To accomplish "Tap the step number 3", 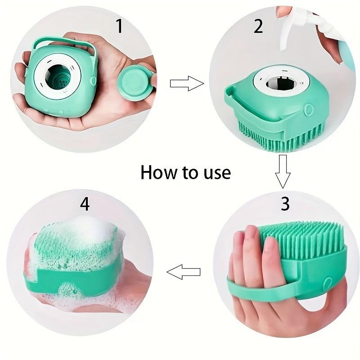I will click(285, 203).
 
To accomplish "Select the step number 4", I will click(85, 204).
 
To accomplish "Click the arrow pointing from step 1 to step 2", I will click(186, 83).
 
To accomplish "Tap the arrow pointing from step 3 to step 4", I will click(183, 272).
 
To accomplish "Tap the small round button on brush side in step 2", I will click(309, 109).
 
